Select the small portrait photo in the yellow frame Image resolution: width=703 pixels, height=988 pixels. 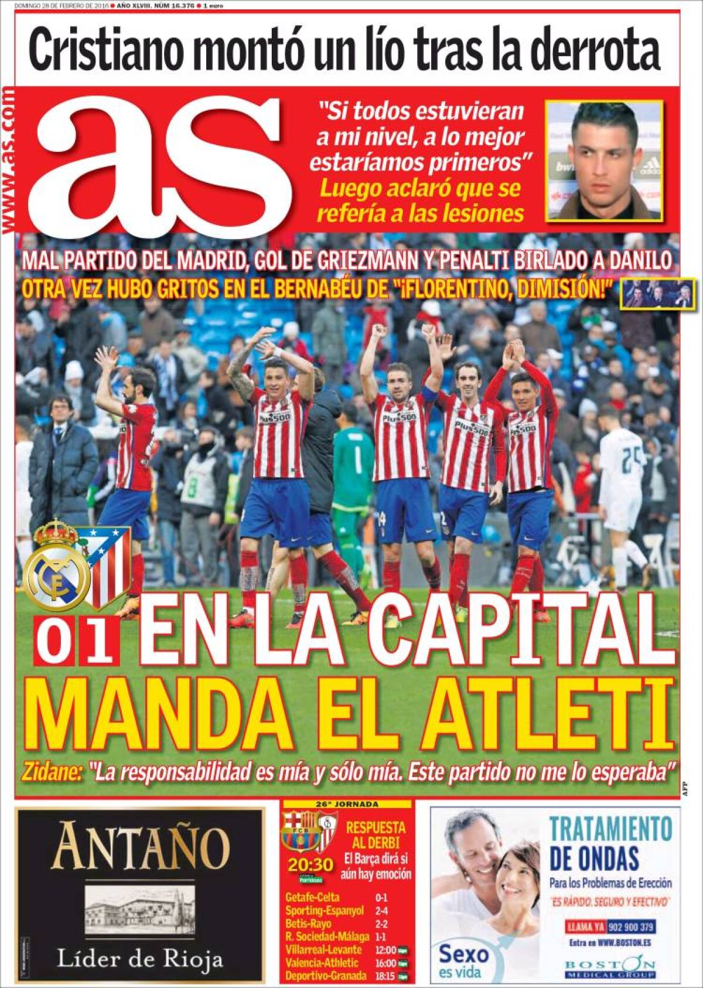604,160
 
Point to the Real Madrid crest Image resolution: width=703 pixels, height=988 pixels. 56,570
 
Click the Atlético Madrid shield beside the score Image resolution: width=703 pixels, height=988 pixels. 108,565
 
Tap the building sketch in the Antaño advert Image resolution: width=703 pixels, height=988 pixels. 140,910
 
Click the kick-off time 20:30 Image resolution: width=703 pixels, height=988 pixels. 310,865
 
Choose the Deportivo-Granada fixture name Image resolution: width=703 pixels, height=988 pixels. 326,976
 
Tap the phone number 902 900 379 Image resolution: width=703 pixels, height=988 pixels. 631,927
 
